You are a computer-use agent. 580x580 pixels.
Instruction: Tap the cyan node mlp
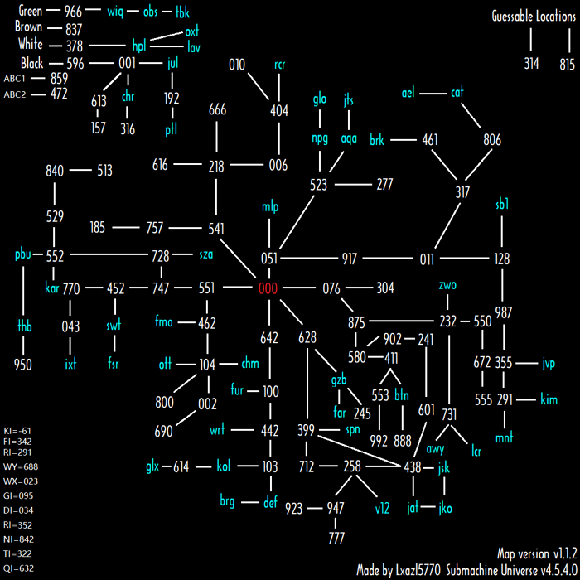tap(270, 206)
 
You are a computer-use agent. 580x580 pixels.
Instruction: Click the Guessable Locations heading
tap(533, 17)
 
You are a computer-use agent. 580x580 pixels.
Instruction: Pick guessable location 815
tap(567, 64)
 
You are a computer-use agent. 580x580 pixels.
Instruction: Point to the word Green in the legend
tap(31, 12)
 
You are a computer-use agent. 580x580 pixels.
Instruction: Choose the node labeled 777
tap(336, 539)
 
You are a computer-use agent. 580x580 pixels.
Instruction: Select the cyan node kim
tap(549, 399)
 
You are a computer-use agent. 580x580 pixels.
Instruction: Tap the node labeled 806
tap(492, 140)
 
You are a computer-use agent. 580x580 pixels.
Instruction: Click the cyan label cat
tap(457, 93)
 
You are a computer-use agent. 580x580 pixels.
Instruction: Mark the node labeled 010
tap(237, 65)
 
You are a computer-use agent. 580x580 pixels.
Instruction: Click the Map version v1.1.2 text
tap(530, 553)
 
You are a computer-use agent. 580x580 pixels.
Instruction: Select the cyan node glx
tap(152, 466)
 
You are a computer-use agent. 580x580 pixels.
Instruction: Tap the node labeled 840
tap(55, 171)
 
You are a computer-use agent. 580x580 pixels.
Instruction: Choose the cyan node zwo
tap(448, 286)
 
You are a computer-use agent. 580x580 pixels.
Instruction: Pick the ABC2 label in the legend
tap(15, 94)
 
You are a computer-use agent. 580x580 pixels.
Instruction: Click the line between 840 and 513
tap(80, 171)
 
